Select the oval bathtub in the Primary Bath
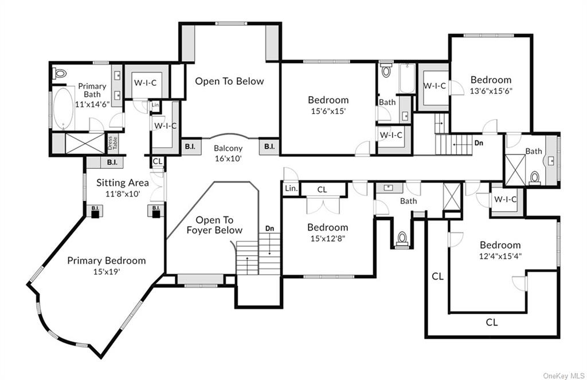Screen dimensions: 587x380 coord(63,108)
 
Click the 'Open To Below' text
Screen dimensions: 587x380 coord(229,81)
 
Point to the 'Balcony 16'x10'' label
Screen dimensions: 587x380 coord(228,153)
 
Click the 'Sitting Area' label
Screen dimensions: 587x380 coord(123,183)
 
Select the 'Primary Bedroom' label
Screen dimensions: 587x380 coord(106,260)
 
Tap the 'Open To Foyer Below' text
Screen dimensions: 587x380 coord(214,225)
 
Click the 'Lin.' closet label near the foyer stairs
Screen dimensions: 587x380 coord(291,189)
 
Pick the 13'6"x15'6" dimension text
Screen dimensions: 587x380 coord(491,90)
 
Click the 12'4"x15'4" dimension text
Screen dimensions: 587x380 coord(500,256)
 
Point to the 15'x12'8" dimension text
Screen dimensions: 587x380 coord(327,238)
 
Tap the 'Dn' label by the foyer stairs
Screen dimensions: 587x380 coord(269,228)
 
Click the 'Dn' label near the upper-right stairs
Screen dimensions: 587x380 coord(479,142)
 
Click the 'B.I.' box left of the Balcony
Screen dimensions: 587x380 coord(190,147)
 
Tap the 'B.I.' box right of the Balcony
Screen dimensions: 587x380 coord(269,147)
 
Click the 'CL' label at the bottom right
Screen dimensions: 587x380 coord(492,322)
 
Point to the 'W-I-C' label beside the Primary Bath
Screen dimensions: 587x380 coord(145,82)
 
